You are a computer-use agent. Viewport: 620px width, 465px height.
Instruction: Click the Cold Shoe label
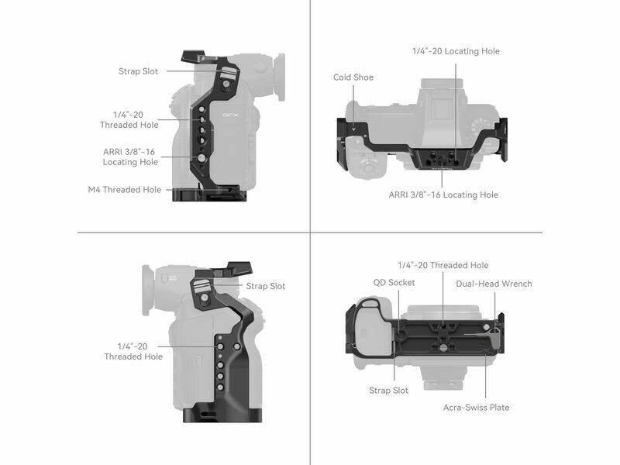pos(353,77)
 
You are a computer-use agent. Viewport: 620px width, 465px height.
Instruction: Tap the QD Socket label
pos(394,282)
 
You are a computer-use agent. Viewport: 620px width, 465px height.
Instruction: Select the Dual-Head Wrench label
pos(494,284)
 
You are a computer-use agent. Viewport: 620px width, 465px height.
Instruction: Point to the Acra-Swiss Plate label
pos(476,408)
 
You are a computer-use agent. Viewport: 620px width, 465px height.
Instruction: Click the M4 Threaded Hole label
pos(125,189)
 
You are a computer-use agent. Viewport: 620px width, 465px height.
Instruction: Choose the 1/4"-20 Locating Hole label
pos(456,51)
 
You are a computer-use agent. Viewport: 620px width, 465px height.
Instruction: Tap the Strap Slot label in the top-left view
pos(139,71)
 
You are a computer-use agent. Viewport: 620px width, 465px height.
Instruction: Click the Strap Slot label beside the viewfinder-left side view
pos(266,286)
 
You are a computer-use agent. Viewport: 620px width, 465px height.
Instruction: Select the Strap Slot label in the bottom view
pos(389,391)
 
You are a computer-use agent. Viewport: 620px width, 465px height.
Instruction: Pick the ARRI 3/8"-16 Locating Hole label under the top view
pos(443,195)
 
